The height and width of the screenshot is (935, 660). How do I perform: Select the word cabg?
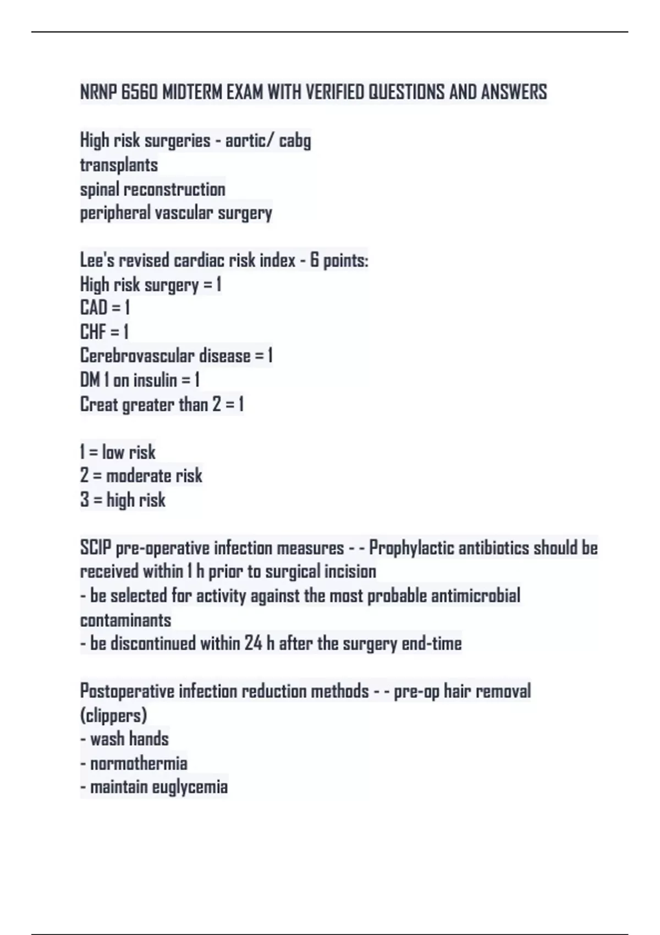295,141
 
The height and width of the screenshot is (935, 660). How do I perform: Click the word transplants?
119,165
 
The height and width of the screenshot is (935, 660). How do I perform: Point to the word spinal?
100,189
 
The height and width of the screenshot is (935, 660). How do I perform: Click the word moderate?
139,476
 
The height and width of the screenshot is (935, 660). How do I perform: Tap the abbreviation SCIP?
95,548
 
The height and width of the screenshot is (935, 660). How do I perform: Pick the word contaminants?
125,620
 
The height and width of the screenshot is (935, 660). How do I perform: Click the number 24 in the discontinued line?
253,643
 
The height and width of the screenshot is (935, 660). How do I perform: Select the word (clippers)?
113,716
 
